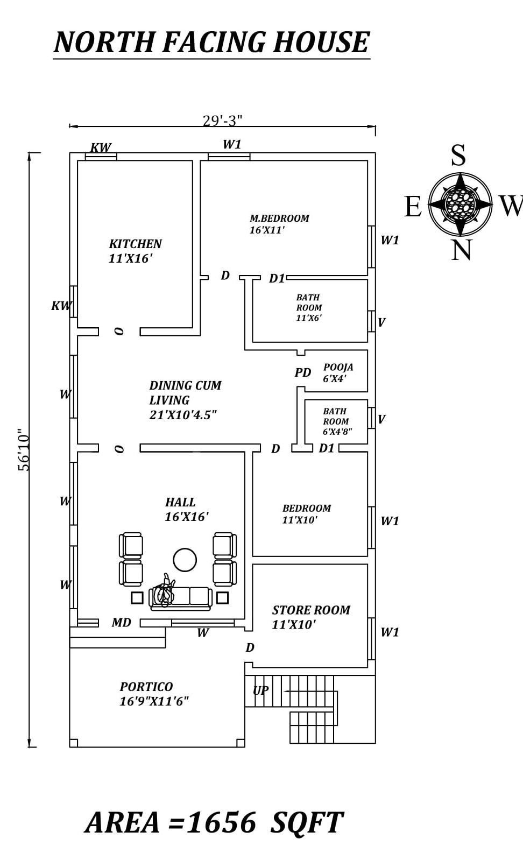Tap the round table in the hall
point(185,560)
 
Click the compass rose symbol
point(460,205)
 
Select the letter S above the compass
point(458,156)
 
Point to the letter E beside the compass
point(413,207)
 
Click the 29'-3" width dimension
point(222,121)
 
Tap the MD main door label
point(121,623)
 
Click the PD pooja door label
point(303,372)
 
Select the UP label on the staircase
point(260,690)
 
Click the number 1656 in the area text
point(221,822)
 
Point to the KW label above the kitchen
point(101,147)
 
